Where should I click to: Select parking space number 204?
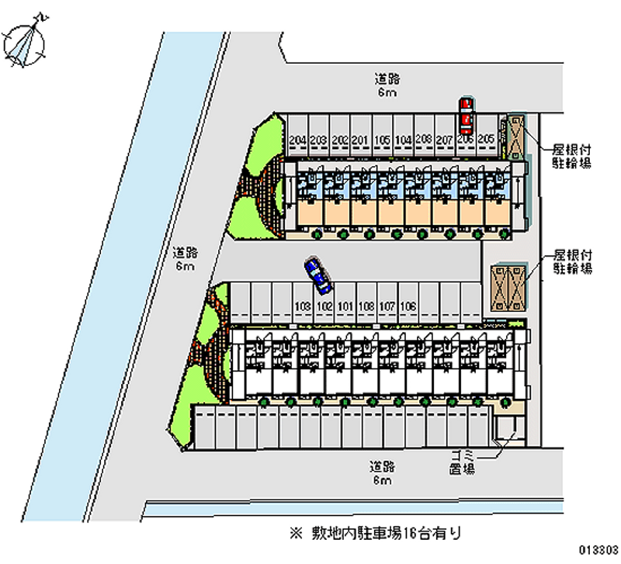[296, 140]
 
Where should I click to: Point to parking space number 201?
[359, 140]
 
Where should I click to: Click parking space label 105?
[381, 140]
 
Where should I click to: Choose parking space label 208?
[424, 140]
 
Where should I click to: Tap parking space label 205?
[487, 140]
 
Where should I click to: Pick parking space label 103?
[304, 306]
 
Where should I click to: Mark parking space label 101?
[345, 306]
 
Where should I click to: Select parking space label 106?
[409, 306]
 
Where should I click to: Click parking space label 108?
[367, 306]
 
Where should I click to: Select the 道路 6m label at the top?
[387, 85]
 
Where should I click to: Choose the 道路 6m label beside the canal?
[184, 259]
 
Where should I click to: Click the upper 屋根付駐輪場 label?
[572, 155]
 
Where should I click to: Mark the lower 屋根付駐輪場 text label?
[572, 261]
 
